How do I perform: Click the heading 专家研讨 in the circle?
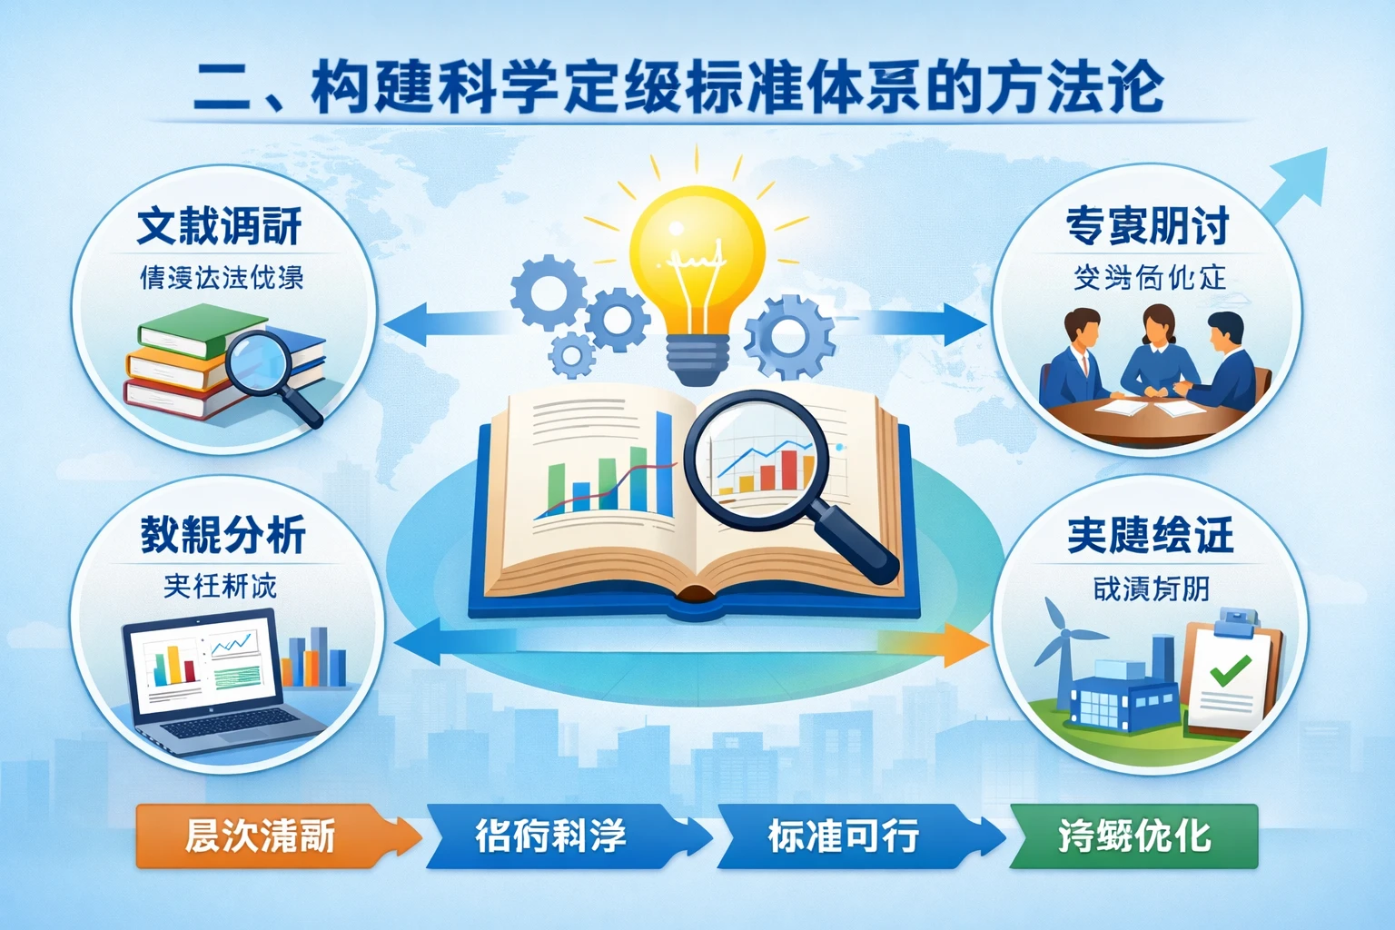[x=1148, y=226]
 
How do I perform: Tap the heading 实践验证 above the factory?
[x=1150, y=535]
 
